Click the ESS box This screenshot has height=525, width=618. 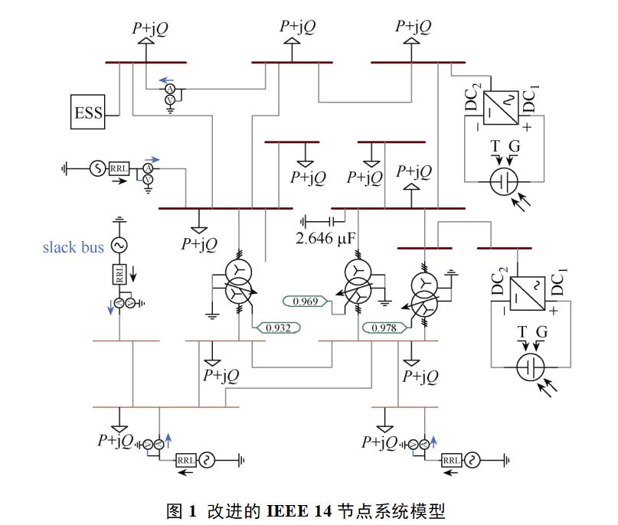(x=87, y=112)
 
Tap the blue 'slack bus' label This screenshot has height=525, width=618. (x=74, y=247)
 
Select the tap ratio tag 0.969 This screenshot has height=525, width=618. (x=305, y=302)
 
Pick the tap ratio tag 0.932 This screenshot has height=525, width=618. (x=278, y=328)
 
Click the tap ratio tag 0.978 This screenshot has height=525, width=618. (x=384, y=328)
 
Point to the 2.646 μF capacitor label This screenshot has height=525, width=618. (x=325, y=238)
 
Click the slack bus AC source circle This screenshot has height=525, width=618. (x=119, y=245)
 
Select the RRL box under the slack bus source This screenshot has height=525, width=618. (x=119, y=274)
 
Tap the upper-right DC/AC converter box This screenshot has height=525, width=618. (x=501, y=108)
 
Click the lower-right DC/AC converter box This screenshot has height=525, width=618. (x=528, y=294)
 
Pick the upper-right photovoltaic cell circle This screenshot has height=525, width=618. (x=504, y=181)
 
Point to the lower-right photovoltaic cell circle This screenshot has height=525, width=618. (x=531, y=367)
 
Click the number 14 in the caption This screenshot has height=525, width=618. (x=323, y=510)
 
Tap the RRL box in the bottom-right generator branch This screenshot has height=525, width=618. (x=451, y=460)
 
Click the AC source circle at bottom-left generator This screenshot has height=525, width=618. (x=207, y=460)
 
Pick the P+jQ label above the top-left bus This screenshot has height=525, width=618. (x=150, y=28)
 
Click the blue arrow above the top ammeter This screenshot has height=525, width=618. (x=166, y=80)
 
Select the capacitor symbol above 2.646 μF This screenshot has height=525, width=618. (x=332, y=222)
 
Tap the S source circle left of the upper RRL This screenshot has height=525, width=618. (x=97, y=168)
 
